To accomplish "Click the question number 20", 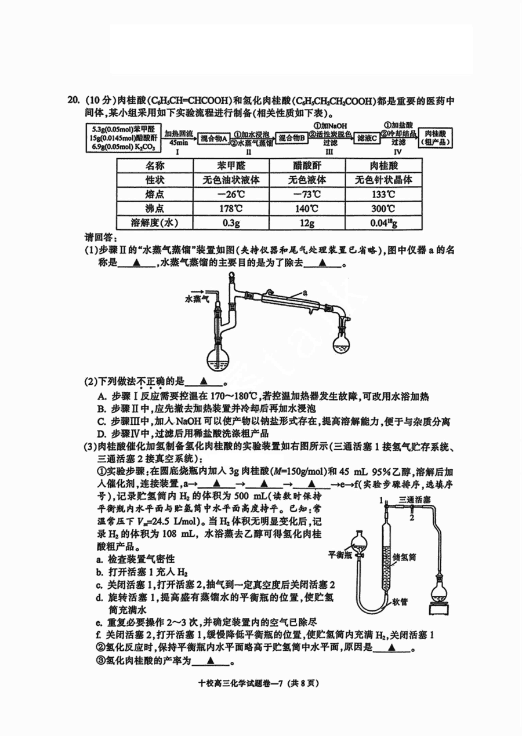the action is (x=73, y=100).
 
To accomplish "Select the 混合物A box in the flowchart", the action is (x=214, y=139).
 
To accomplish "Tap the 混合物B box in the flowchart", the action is (x=291, y=139).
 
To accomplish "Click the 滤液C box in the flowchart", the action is (x=367, y=139).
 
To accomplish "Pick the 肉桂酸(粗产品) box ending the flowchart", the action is (x=435, y=138).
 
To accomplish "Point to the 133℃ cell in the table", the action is (x=383, y=194).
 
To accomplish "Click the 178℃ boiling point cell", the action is (x=231, y=209).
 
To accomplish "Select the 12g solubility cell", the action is (x=307, y=223).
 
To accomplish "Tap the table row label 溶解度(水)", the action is (x=155, y=223).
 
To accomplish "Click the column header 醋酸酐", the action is (x=307, y=166).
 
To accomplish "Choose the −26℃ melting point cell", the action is (x=231, y=194).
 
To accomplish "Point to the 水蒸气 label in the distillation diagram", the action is (x=197, y=298).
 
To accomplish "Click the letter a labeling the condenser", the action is (x=305, y=292).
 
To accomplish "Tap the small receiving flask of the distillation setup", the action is (x=341, y=343).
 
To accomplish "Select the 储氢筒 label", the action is (x=404, y=557).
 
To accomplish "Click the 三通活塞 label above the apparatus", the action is (x=415, y=500).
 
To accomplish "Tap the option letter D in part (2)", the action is (x=101, y=434).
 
